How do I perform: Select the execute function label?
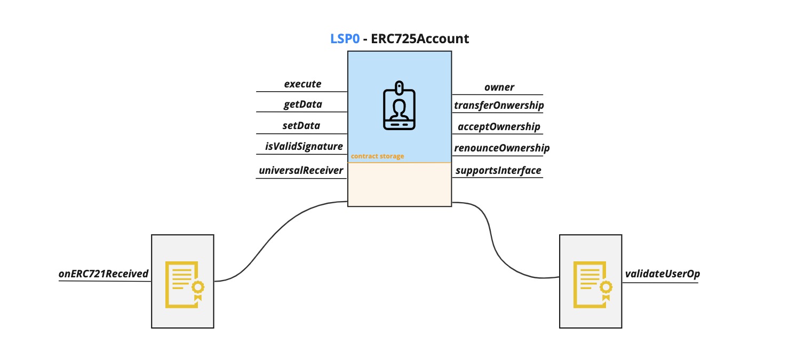[x=302, y=84]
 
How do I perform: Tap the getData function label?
[x=302, y=105]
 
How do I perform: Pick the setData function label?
[x=301, y=126]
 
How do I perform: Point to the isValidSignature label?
[x=304, y=146]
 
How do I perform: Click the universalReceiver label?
[x=301, y=171]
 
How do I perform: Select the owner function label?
[x=499, y=87]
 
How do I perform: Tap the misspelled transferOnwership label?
[x=499, y=106]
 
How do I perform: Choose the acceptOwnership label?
[x=499, y=127]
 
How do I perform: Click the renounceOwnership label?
[x=501, y=148]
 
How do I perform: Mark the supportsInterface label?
[x=498, y=171]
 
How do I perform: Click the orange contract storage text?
[x=377, y=157]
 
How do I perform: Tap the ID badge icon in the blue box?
[x=399, y=106]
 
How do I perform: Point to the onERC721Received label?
[x=103, y=274]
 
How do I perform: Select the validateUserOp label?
[x=662, y=274]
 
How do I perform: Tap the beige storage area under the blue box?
[x=399, y=185]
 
